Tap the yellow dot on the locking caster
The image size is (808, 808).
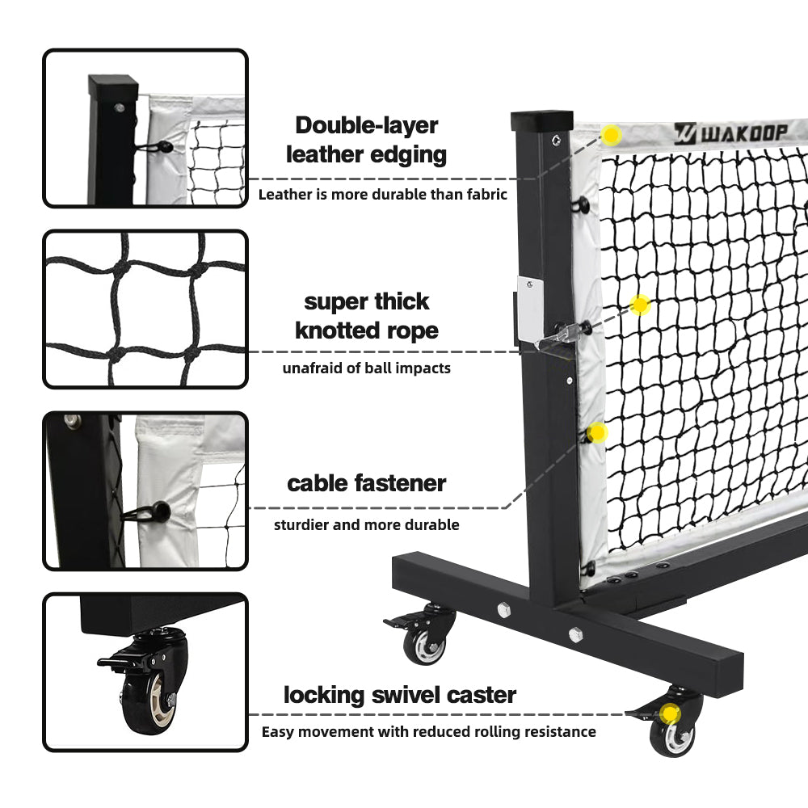pos(670,714)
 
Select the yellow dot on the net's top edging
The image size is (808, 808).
pos(612,135)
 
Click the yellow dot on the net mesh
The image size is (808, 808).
pos(640,305)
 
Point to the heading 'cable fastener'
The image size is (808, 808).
pos(366,483)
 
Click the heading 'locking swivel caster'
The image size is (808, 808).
pos(400,695)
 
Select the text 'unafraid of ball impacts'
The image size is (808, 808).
pos(366,368)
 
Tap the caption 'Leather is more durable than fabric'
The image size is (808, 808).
pos(383,194)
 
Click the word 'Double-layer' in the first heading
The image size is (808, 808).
pos(366,125)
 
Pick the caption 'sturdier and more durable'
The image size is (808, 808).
pos(366,524)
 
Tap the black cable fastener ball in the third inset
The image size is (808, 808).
pos(162,511)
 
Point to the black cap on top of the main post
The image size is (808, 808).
pos(541,120)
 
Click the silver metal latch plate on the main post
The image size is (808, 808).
pos(530,309)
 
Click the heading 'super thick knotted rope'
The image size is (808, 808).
pos(366,316)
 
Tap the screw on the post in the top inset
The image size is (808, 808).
pos(120,108)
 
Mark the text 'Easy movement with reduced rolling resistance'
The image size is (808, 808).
pos(429,732)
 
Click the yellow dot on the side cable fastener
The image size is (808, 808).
pos(597,432)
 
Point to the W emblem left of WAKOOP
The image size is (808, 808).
pos(685,133)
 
